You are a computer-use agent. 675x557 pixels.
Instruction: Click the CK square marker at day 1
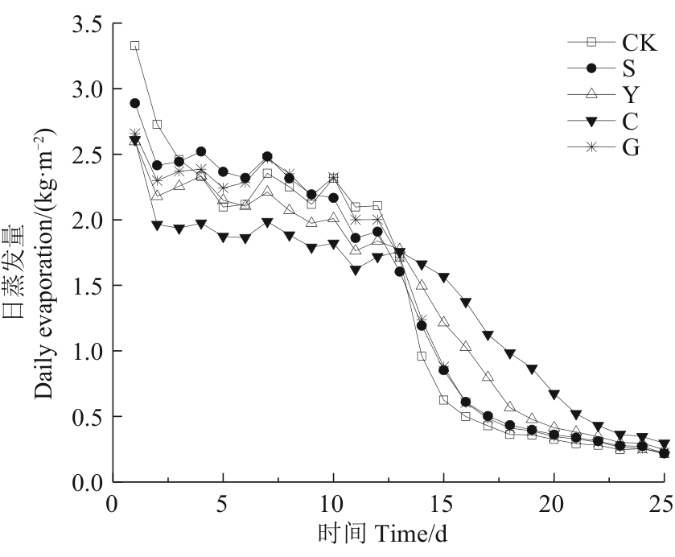tap(135, 46)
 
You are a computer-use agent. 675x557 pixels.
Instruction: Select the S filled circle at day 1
tap(135, 103)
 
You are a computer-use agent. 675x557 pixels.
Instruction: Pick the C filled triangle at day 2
tap(157, 225)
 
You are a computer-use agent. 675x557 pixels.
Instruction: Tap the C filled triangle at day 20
tap(554, 394)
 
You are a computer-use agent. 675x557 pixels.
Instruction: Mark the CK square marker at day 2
tap(157, 125)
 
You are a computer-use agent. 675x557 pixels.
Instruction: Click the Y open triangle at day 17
tap(488, 376)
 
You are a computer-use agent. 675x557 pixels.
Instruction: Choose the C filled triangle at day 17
tap(488, 335)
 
